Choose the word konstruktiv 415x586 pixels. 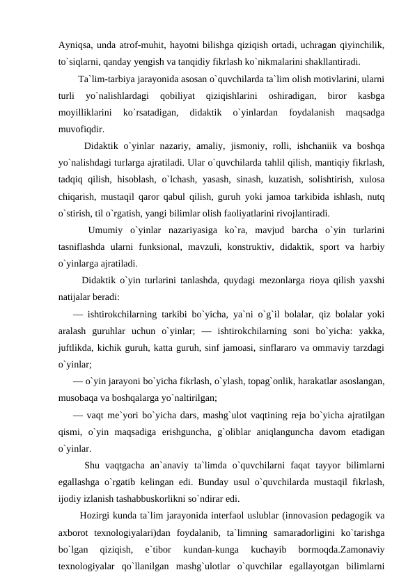pyautogui.click(x=244, y=247)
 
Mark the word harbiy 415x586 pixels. pyautogui.click(x=373, y=247)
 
